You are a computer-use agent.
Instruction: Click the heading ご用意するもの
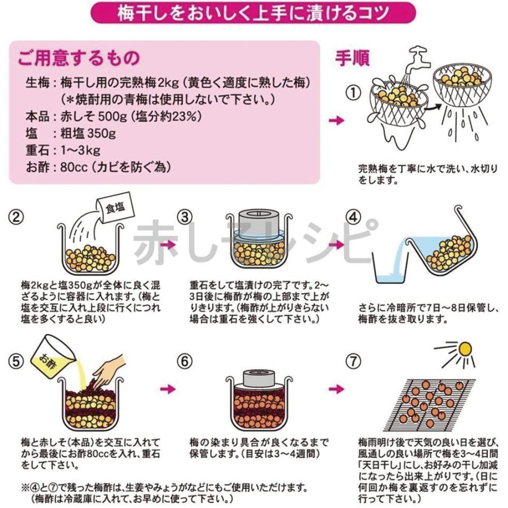pos(78,58)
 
